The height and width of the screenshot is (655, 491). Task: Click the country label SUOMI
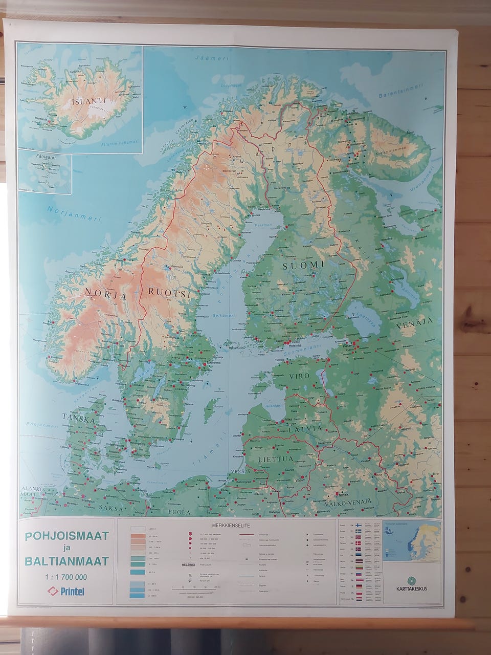tap(305, 265)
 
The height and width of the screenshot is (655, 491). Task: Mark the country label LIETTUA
tap(279, 458)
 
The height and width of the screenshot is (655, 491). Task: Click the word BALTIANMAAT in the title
tap(66, 561)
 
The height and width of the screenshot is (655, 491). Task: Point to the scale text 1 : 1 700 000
tap(66, 577)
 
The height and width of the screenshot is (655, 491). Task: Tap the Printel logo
tap(66, 592)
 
